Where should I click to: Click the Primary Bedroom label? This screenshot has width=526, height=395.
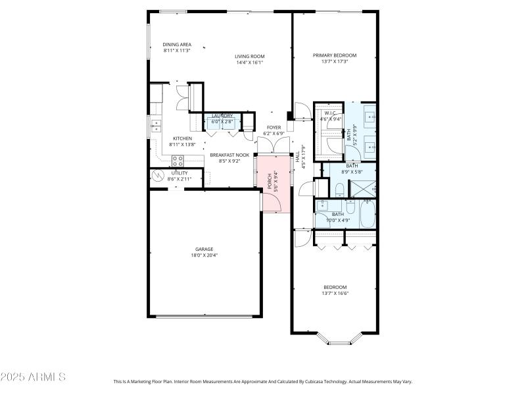point(335,55)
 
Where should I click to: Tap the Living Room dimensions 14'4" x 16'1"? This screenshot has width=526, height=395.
point(249,63)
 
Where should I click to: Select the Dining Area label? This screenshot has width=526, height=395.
point(177,44)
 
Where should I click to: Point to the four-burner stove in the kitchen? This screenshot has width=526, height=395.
point(178,160)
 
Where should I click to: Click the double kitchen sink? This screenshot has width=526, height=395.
point(156,123)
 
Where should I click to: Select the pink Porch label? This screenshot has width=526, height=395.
point(269,181)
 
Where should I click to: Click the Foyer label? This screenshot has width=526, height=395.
point(274,127)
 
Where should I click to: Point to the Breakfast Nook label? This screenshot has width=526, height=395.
point(225,154)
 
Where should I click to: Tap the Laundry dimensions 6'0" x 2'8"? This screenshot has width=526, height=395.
point(222,122)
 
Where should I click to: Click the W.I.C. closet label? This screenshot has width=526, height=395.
point(330,113)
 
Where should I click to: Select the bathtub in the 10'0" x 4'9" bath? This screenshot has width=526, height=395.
point(367,214)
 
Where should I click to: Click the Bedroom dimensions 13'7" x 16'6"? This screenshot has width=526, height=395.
point(335,293)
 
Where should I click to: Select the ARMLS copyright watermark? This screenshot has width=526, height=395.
point(33,377)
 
